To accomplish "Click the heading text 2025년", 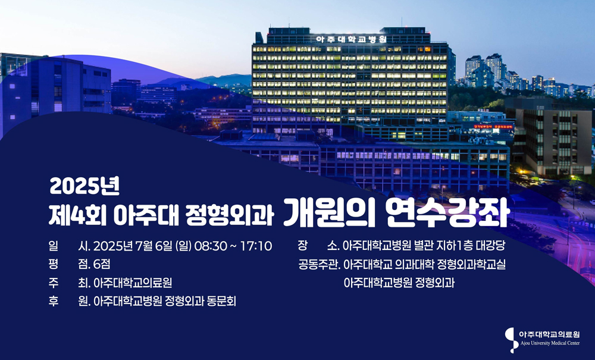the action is click(x=84, y=187).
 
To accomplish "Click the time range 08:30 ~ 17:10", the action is click(x=233, y=246).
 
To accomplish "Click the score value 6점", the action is click(x=102, y=264).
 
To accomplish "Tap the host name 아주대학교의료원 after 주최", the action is click(x=133, y=283).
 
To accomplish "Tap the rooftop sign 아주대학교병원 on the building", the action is click(x=351, y=39).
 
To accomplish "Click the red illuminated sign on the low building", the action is click(x=493, y=127).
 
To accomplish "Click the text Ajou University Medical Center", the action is click(x=550, y=343).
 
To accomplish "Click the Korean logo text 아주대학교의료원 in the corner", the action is click(x=549, y=334).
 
